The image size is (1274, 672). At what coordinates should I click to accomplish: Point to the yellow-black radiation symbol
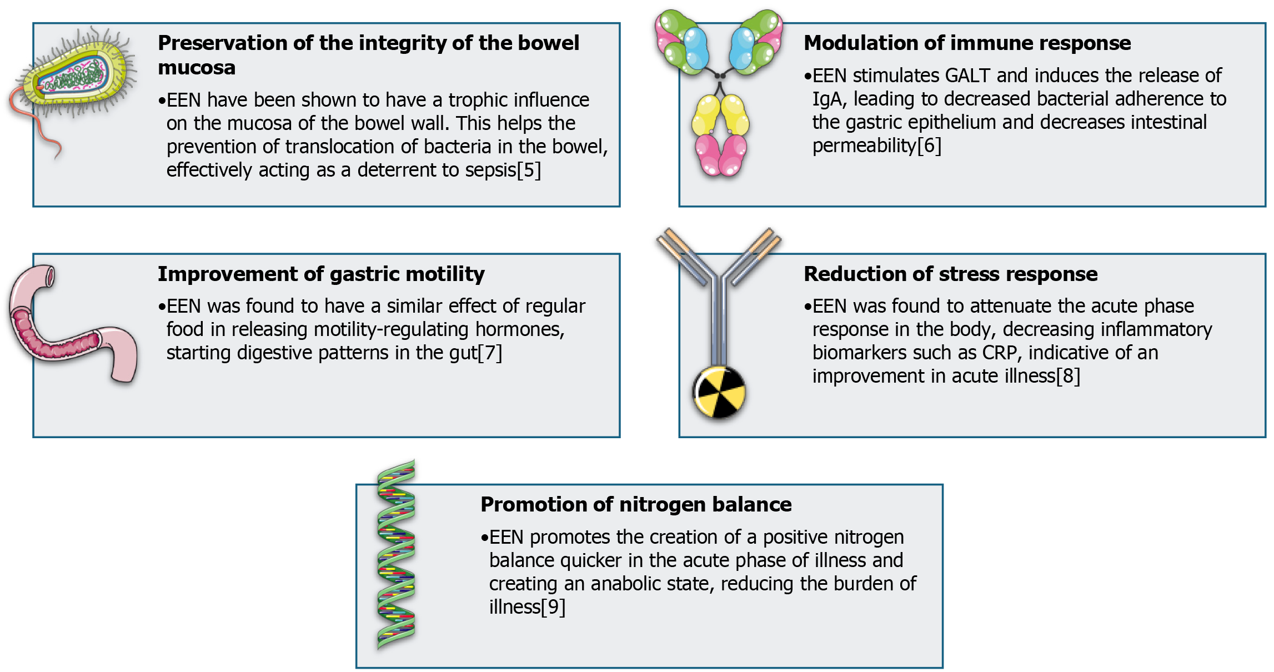719,392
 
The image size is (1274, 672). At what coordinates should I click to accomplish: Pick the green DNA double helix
396,555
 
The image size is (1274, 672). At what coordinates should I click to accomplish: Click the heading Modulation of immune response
967,43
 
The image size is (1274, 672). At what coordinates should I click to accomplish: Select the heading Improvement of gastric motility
321,274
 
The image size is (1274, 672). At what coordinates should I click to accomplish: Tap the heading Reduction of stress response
950,274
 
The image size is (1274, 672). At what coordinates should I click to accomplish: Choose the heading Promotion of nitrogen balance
636,504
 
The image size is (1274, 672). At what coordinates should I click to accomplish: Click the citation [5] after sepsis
529,170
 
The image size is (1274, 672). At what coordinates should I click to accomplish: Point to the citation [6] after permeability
929,146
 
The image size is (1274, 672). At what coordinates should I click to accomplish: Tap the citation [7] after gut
490,353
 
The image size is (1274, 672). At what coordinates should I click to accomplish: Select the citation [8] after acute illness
1068,376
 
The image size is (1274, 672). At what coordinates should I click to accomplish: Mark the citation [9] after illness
553,607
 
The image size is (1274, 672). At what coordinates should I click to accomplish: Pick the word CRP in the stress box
1000,353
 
